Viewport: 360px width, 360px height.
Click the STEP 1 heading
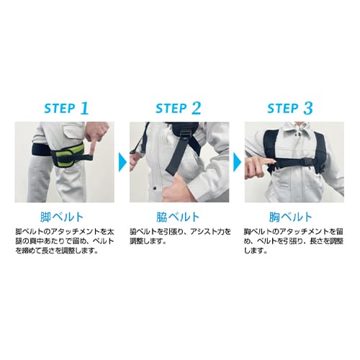point(66,108)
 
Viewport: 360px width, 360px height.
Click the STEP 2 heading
point(179,108)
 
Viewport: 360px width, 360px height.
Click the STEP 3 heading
point(290,108)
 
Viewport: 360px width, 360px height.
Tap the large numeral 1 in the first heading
point(84,108)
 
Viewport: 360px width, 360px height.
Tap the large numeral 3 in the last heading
point(308,108)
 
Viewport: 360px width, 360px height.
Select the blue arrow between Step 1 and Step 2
point(122,163)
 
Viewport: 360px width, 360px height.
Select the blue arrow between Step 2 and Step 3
point(238,163)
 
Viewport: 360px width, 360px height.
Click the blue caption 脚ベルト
point(62,217)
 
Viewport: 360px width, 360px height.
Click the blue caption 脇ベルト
point(178,217)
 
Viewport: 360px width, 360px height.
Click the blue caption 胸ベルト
point(290,217)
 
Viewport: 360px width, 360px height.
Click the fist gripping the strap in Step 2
point(178,189)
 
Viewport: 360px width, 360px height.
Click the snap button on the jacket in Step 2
point(155,188)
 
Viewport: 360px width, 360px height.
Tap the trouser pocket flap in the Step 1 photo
point(73,132)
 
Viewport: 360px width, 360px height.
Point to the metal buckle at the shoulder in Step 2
point(184,134)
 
